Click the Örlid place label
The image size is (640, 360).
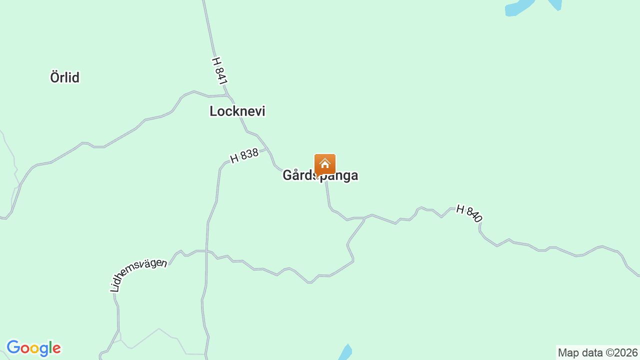65,77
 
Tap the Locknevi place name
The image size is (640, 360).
237,111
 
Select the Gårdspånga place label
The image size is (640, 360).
320,175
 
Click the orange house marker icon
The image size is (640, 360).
325,164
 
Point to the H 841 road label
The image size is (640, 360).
219,70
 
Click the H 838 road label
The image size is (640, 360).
244,155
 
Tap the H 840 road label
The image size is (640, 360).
469,213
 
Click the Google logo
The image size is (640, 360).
33,348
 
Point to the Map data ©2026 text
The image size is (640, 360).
598,353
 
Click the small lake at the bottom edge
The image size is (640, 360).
345,352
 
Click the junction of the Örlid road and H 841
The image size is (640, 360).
226,95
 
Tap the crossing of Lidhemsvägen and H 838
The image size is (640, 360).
206,251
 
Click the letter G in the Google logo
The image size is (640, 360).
14,347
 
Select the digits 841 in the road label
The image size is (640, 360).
221,74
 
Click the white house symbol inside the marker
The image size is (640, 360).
325,163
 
